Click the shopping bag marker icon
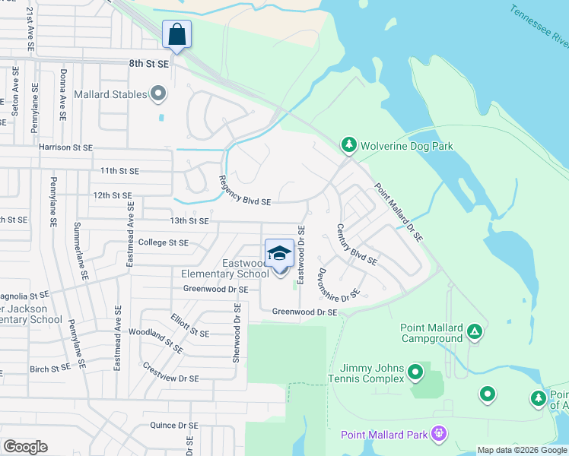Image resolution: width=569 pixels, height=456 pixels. (176, 35)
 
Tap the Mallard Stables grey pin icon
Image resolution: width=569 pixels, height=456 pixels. (158, 94)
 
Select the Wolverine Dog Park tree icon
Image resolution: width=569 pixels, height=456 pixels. (348, 144)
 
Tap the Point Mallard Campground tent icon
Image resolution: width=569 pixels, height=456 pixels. (475, 331)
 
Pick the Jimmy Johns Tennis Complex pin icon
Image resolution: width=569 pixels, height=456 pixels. (415, 372)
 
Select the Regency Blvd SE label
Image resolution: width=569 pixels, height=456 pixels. (244, 190)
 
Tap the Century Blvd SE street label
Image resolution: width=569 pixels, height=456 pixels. (357, 244)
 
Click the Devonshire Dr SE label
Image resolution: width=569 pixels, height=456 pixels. (339, 284)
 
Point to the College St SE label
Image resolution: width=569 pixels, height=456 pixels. (164, 242)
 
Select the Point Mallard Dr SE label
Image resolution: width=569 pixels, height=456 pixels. (398, 213)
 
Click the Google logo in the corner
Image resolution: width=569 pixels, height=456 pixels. (25, 447)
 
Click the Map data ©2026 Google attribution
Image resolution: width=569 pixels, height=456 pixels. (522, 450)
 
